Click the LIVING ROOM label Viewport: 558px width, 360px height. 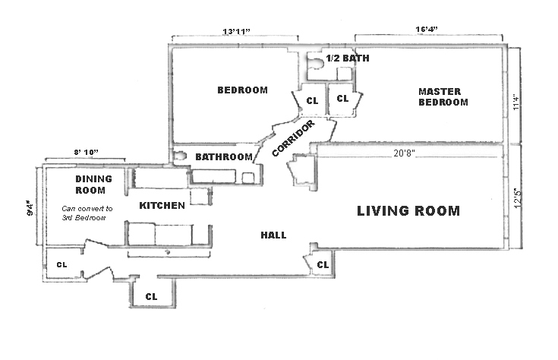tap(408, 211)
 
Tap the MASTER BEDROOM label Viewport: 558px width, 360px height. tap(443, 97)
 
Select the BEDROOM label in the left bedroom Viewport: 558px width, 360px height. tap(242, 90)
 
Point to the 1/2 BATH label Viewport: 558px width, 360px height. tap(348, 58)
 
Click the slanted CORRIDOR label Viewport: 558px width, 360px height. tap(292, 139)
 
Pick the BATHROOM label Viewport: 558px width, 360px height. tap(224, 157)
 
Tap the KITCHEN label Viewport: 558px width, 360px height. tap(162, 206)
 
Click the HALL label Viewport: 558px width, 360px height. tap(273, 235)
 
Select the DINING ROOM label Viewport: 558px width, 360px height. tap(93, 185)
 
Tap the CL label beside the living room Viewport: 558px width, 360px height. tap(323, 265)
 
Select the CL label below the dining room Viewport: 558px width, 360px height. tap(61, 265)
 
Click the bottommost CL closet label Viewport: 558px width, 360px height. tap(151, 296)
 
